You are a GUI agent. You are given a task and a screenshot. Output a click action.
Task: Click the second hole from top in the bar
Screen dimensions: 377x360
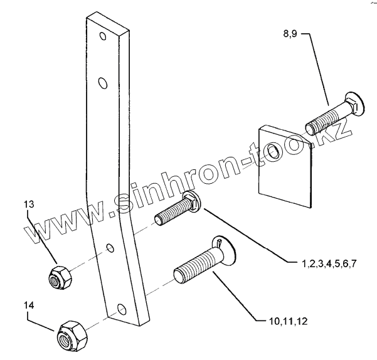[x=104, y=82]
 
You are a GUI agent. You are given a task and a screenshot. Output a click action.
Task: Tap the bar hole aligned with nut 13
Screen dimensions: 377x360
[x=110, y=249]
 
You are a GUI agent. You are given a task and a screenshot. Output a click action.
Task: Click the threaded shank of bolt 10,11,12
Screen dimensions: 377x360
[x=194, y=265]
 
